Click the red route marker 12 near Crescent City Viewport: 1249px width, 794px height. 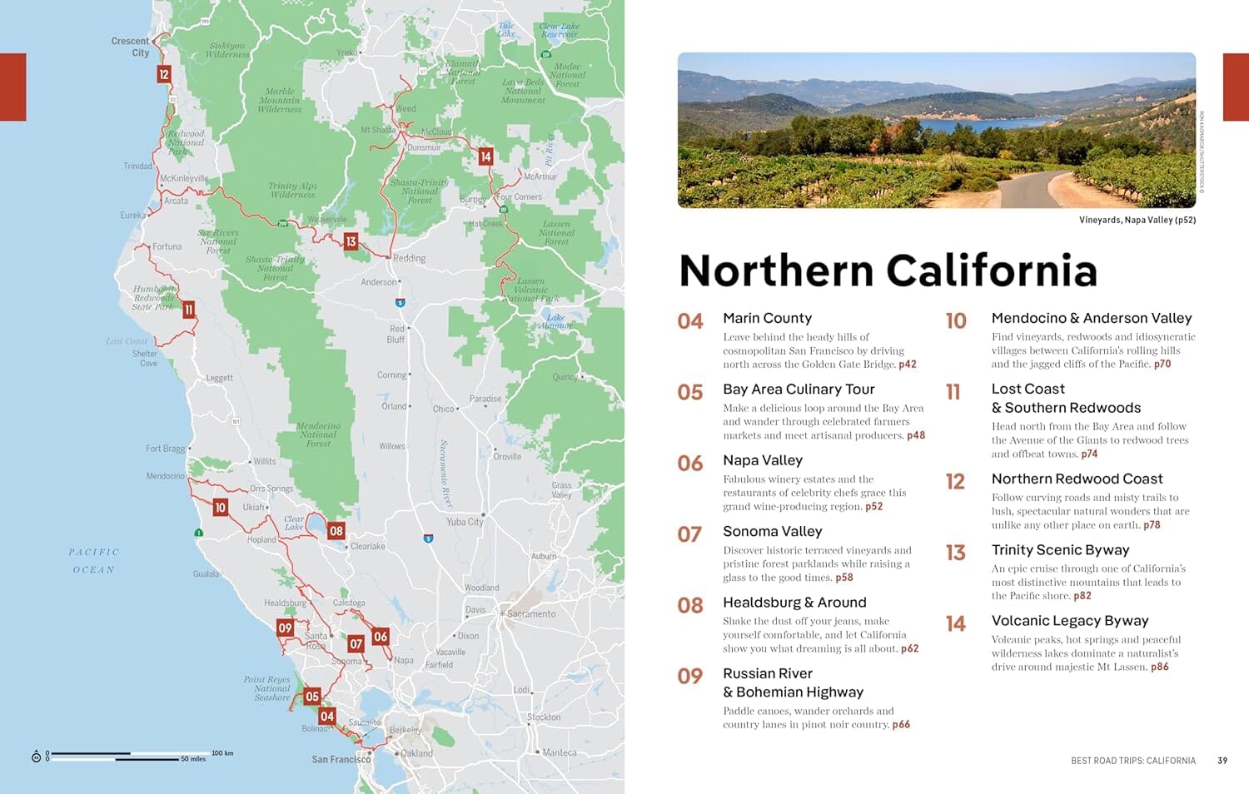pos(164,74)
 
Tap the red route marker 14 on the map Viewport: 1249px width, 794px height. pos(485,156)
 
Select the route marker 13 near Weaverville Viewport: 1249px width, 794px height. pos(351,241)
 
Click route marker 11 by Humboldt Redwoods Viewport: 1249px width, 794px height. pos(189,310)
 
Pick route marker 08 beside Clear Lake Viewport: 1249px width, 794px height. pos(336,530)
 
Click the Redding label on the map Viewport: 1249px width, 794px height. pos(409,258)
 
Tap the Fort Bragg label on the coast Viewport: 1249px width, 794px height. pos(165,449)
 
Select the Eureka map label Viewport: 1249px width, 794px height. pos(132,215)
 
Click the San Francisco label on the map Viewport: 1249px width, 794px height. pos(341,759)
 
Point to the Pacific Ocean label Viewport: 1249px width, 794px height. pos(93,560)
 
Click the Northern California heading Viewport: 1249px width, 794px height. pos(888,270)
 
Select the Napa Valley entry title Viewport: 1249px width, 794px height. pos(763,460)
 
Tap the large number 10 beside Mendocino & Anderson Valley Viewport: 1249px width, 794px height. pos(956,321)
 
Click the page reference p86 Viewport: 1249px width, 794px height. pos(1159,667)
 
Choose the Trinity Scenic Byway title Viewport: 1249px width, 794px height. pos(1060,549)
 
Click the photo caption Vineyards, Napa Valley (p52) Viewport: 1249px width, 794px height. pos(1137,220)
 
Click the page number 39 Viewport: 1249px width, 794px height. pos(1222,761)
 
